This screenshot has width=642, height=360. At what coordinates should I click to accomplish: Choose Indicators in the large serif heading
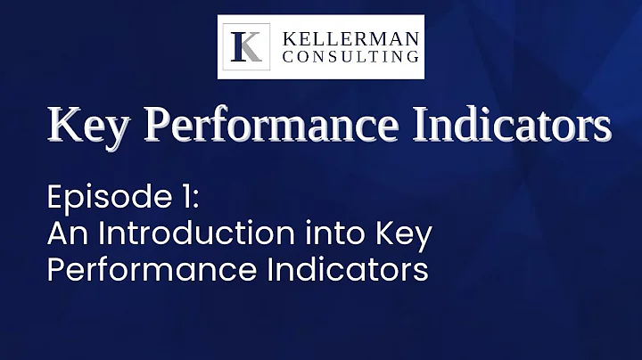pos(503,126)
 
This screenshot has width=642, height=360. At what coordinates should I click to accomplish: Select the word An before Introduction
pos(65,234)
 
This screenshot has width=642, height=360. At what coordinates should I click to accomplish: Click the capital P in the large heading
pos(157,126)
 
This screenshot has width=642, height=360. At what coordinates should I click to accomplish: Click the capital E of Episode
pos(54,197)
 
